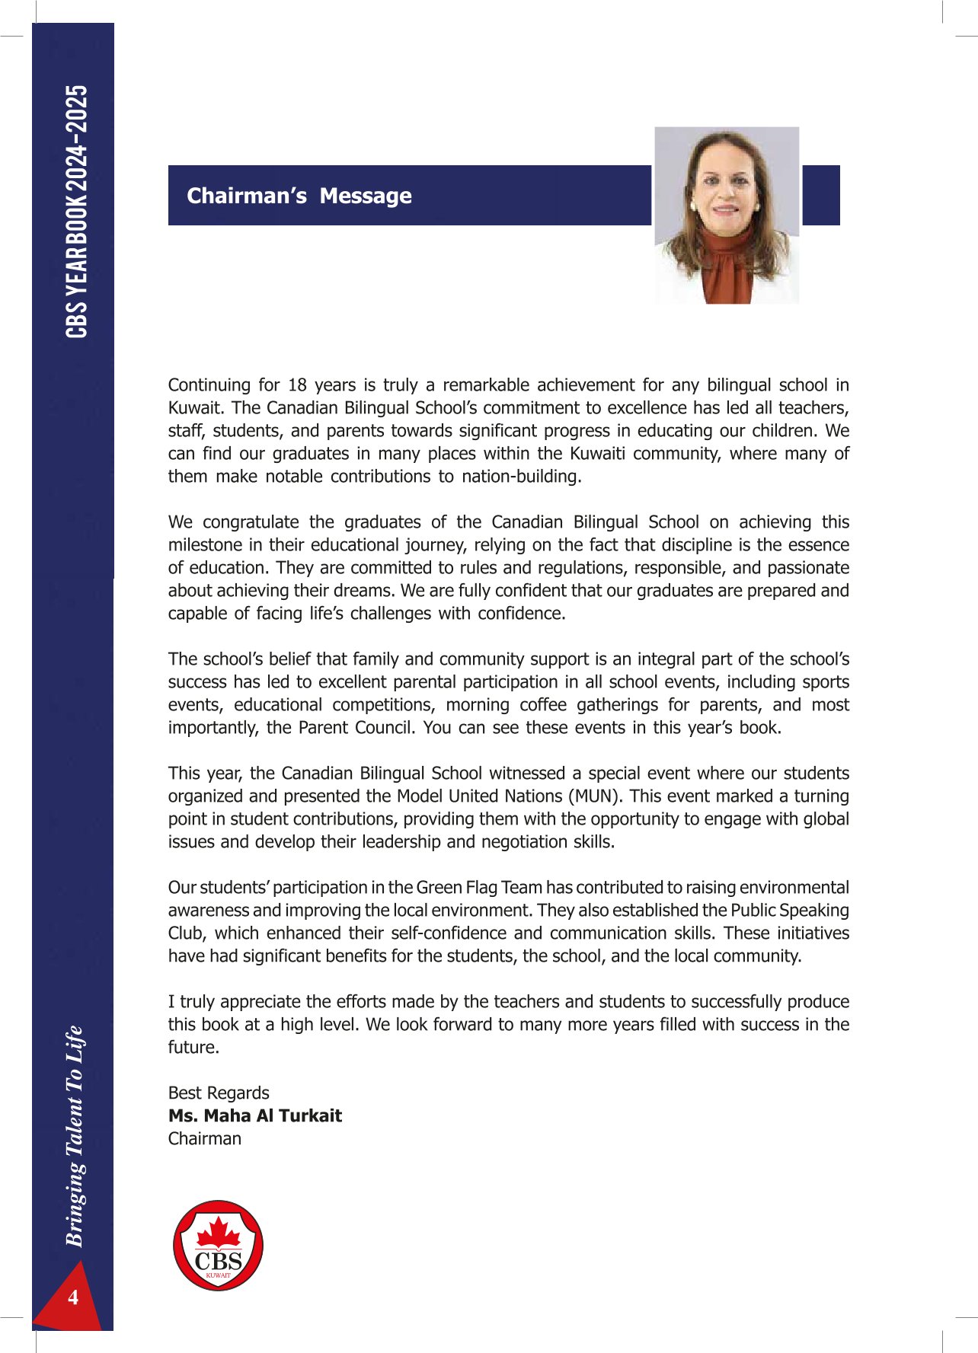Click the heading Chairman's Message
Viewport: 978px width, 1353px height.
(299, 196)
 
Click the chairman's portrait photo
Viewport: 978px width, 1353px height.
(727, 215)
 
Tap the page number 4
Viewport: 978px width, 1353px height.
(73, 1297)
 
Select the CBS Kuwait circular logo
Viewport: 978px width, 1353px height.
(219, 1246)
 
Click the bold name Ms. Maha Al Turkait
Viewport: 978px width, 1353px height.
(255, 1115)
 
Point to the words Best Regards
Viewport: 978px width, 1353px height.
(219, 1093)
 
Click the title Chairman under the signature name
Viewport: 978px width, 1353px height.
(205, 1138)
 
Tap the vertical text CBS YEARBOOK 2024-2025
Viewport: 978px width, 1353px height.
(76, 212)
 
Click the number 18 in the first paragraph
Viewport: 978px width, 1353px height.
(297, 385)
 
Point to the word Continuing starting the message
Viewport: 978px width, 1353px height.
(209, 385)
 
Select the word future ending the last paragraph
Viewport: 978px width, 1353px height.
(193, 1047)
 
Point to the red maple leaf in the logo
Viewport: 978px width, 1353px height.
(219, 1232)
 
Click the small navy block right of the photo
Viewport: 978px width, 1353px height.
(821, 195)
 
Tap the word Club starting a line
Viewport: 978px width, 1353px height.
(185, 933)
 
